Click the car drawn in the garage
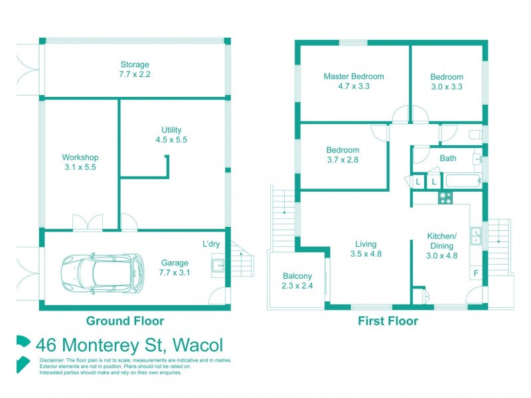(102, 272)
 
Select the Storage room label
(134, 70)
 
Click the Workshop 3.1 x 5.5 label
(80, 162)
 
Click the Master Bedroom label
(353, 81)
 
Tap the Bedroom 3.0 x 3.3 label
(446, 81)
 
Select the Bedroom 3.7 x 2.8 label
(342, 155)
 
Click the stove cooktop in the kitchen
(445, 197)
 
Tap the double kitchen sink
(477, 235)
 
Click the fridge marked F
(475, 273)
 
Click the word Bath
(448, 159)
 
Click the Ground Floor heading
(125, 321)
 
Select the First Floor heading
(388, 321)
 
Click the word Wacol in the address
(198, 346)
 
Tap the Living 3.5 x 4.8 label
(366, 248)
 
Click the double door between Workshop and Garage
(88, 222)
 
